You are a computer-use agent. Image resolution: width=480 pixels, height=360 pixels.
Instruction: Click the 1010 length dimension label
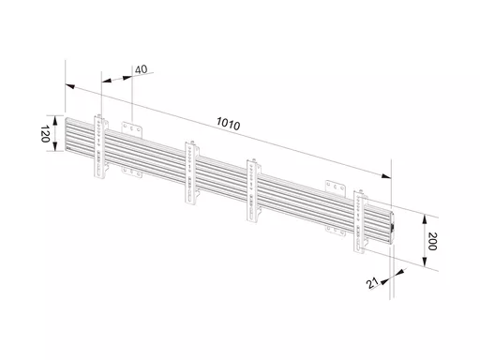point(229,124)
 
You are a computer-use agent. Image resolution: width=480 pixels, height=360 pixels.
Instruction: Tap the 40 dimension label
point(141,69)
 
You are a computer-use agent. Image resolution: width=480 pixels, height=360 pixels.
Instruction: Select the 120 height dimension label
point(45,134)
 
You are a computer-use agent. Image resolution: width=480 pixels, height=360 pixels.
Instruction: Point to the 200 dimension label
point(432,241)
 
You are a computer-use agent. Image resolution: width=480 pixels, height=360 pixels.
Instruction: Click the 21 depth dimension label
point(372,283)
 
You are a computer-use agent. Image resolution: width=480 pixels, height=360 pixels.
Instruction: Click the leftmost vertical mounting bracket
point(101,146)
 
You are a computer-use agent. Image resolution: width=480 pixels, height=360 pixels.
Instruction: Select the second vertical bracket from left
point(192,172)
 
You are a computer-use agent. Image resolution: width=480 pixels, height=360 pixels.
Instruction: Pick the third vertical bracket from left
point(254,191)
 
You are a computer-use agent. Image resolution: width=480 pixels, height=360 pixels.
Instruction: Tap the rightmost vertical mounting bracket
point(360,221)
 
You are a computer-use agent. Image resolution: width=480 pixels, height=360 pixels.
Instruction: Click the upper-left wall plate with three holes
point(132,129)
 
